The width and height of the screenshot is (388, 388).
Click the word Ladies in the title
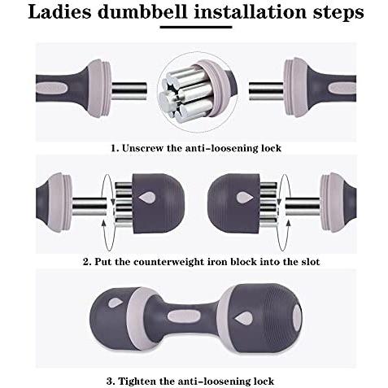pos(59,12)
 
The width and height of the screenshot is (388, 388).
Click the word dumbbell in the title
pos(142,12)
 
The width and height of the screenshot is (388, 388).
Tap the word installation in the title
pos(251,12)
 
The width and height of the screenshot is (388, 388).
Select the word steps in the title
pos(338,13)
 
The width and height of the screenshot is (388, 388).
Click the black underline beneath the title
pos(196,27)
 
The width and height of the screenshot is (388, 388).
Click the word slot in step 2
pos(311,262)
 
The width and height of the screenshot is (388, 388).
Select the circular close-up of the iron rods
pos(197,92)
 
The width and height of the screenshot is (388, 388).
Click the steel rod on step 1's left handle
pos(129,91)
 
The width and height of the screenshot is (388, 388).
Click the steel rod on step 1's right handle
pos(266,91)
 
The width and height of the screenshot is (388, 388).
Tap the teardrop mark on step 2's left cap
pos(147,198)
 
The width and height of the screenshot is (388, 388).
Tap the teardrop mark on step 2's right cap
pos(245,198)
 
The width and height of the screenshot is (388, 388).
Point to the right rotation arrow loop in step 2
pos(284,212)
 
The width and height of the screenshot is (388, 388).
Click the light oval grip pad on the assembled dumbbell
pos(184,316)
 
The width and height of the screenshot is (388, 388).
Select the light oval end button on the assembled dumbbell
pos(297,317)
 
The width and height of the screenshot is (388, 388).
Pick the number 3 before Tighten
pos(109,381)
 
